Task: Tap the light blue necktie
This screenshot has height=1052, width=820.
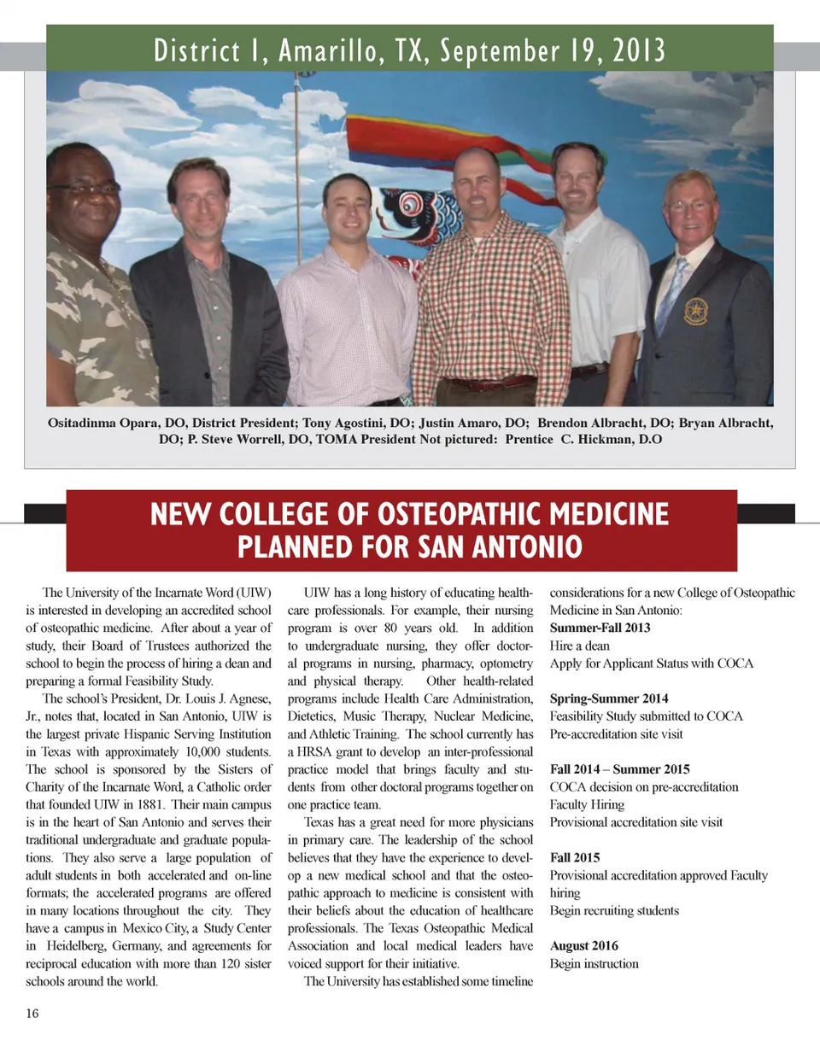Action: [672, 295]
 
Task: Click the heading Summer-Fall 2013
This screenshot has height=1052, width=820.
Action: [600, 628]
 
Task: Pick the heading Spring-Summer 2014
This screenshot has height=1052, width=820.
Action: [609, 698]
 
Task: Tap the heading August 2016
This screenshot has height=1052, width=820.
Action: [584, 946]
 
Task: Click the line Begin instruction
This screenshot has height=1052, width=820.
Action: [594, 964]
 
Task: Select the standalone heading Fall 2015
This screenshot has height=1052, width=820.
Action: [575, 857]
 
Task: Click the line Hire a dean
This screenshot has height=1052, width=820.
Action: [579, 646]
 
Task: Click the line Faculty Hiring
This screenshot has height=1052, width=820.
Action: [587, 804]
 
